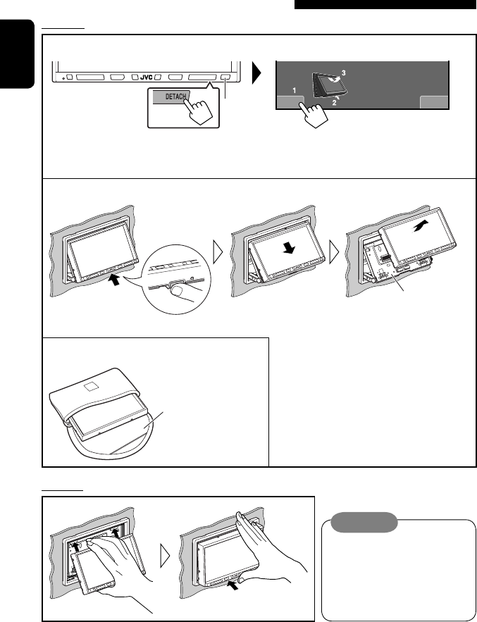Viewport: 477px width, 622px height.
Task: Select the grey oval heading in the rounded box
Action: click(x=364, y=523)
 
